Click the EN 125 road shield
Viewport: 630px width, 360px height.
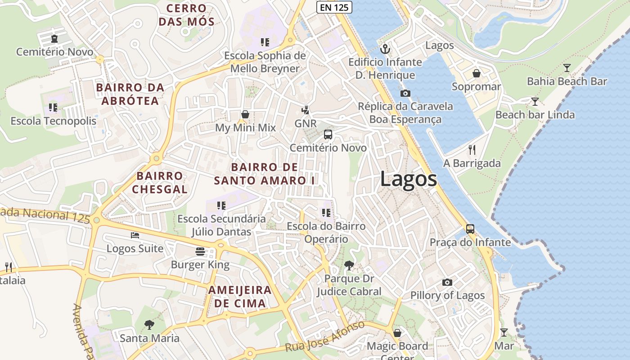click(x=334, y=7)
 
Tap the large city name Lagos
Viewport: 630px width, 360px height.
click(x=408, y=179)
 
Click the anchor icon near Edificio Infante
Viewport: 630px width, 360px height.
click(x=385, y=49)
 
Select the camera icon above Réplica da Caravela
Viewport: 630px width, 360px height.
click(x=405, y=93)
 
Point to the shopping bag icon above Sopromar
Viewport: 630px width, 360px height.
click(x=476, y=73)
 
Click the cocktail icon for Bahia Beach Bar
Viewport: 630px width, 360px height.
click(x=567, y=68)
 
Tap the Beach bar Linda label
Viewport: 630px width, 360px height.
click(x=535, y=115)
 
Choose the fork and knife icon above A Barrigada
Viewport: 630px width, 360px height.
click(x=472, y=150)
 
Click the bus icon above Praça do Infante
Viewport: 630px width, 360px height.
click(x=470, y=229)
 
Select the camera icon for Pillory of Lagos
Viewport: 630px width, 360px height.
click(x=447, y=282)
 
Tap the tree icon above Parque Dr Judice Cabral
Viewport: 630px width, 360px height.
click(x=349, y=265)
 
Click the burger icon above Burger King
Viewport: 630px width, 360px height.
click(x=200, y=251)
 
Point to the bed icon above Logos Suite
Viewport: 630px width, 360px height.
click(x=135, y=235)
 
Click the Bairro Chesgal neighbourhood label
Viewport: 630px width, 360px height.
click(x=159, y=182)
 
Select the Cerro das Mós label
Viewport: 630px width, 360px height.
click(x=186, y=14)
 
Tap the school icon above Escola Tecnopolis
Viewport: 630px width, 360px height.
click(x=53, y=108)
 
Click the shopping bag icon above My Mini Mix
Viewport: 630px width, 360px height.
click(x=245, y=114)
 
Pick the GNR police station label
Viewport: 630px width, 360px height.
click(x=306, y=123)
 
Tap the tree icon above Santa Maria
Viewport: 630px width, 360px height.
click(x=149, y=324)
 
